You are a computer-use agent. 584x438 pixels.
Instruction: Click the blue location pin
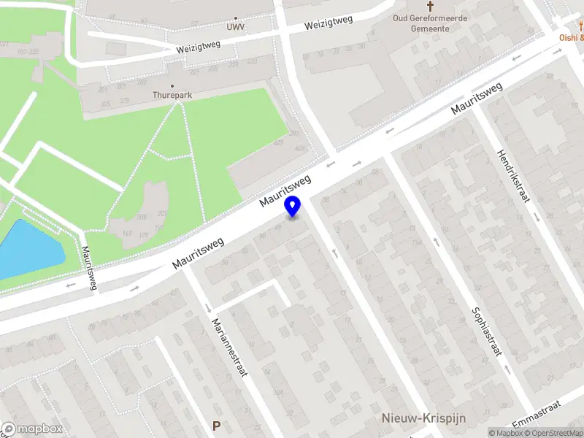pos(293,206)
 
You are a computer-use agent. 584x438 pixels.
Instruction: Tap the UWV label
pos(235,27)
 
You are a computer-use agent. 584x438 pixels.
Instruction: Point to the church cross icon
pos(430,5)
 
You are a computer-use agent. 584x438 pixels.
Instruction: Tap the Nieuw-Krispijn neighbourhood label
pos(424,418)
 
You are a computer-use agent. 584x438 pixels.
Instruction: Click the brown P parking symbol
pos(215,426)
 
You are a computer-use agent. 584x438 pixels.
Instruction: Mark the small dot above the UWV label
pos(235,18)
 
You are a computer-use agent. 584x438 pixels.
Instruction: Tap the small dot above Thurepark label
pos(172,85)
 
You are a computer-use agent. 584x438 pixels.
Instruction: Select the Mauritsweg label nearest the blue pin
pos(288,190)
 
